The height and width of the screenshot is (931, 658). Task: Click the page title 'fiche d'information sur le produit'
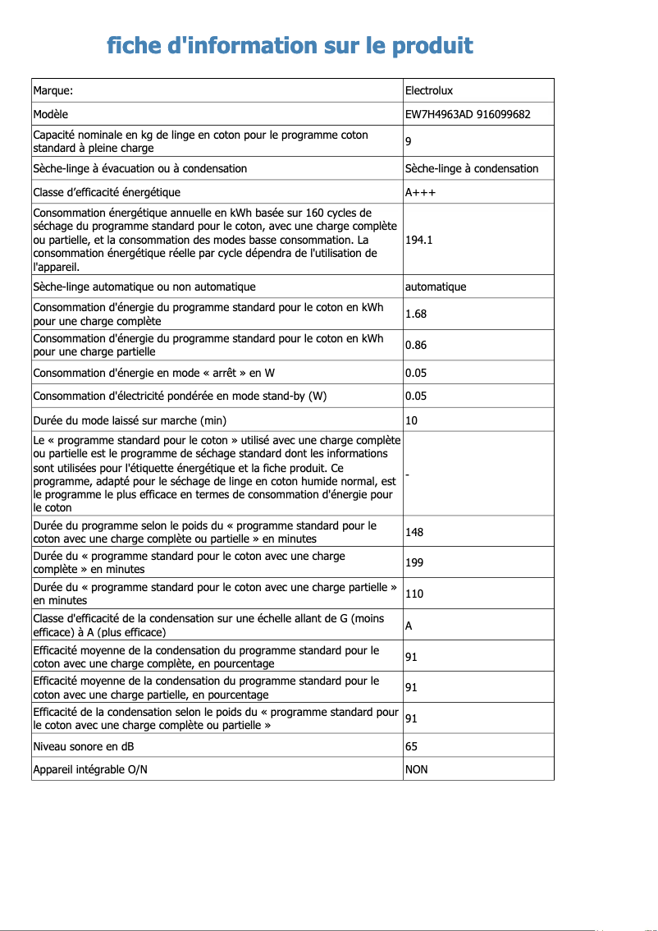click(x=290, y=45)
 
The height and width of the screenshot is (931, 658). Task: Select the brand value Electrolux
click(x=428, y=90)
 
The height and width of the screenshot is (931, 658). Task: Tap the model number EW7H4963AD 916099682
click(x=467, y=113)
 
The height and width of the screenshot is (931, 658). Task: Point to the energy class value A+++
click(x=420, y=192)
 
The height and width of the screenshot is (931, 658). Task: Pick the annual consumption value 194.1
click(x=418, y=240)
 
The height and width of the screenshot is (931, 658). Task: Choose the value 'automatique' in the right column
click(x=435, y=287)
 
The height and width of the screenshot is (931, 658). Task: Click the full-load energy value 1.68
click(x=415, y=314)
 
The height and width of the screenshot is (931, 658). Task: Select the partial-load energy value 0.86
click(x=415, y=345)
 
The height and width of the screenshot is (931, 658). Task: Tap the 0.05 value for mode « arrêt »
click(x=415, y=373)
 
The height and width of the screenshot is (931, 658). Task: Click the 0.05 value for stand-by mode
click(x=415, y=396)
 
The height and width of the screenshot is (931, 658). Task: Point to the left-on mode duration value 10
click(x=411, y=420)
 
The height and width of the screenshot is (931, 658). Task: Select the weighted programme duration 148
click(x=414, y=532)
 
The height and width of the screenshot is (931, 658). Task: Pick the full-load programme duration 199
click(x=414, y=562)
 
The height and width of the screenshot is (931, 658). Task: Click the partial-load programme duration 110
click(x=414, y=594)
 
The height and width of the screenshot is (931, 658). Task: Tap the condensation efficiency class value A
click(x=409, y=625)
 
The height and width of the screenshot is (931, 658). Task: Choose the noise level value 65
click(x=411, y=746)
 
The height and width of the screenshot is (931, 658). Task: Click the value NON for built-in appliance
click(x=416, y=769)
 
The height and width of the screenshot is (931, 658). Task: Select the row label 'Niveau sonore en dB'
click(x=84, y=746)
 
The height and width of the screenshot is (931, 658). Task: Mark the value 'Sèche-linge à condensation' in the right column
click(x=471, y=168)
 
